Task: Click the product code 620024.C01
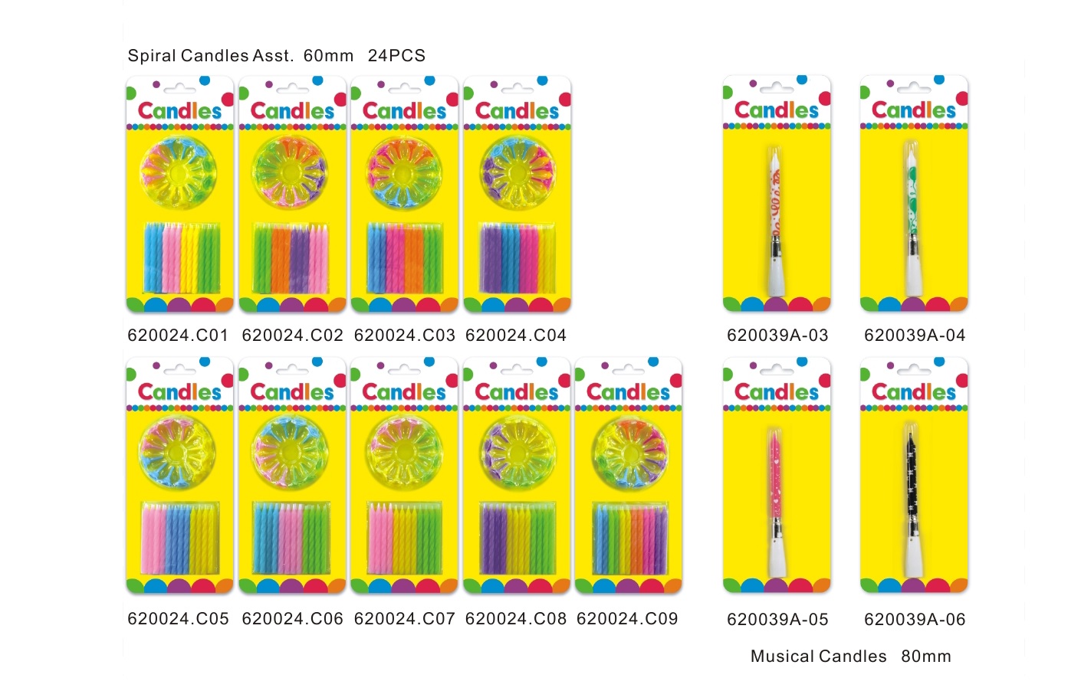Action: pos(178,335)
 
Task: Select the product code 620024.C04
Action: pos(516,335)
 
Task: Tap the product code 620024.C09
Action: pos(627,618)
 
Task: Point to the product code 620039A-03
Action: pos(777,335)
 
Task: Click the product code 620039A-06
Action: pos(915,619)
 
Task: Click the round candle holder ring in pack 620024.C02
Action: pos(291,173)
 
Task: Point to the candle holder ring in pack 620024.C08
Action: pos(516,454)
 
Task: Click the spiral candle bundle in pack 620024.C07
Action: pos(404,538)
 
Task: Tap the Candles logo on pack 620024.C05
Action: pos(179,392)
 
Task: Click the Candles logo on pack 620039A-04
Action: pos(913,110)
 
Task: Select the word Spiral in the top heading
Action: pos(152,56)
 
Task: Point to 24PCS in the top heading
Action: pos(396,56)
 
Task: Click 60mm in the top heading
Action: pos(328,56)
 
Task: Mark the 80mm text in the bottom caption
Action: pos(926,657)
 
